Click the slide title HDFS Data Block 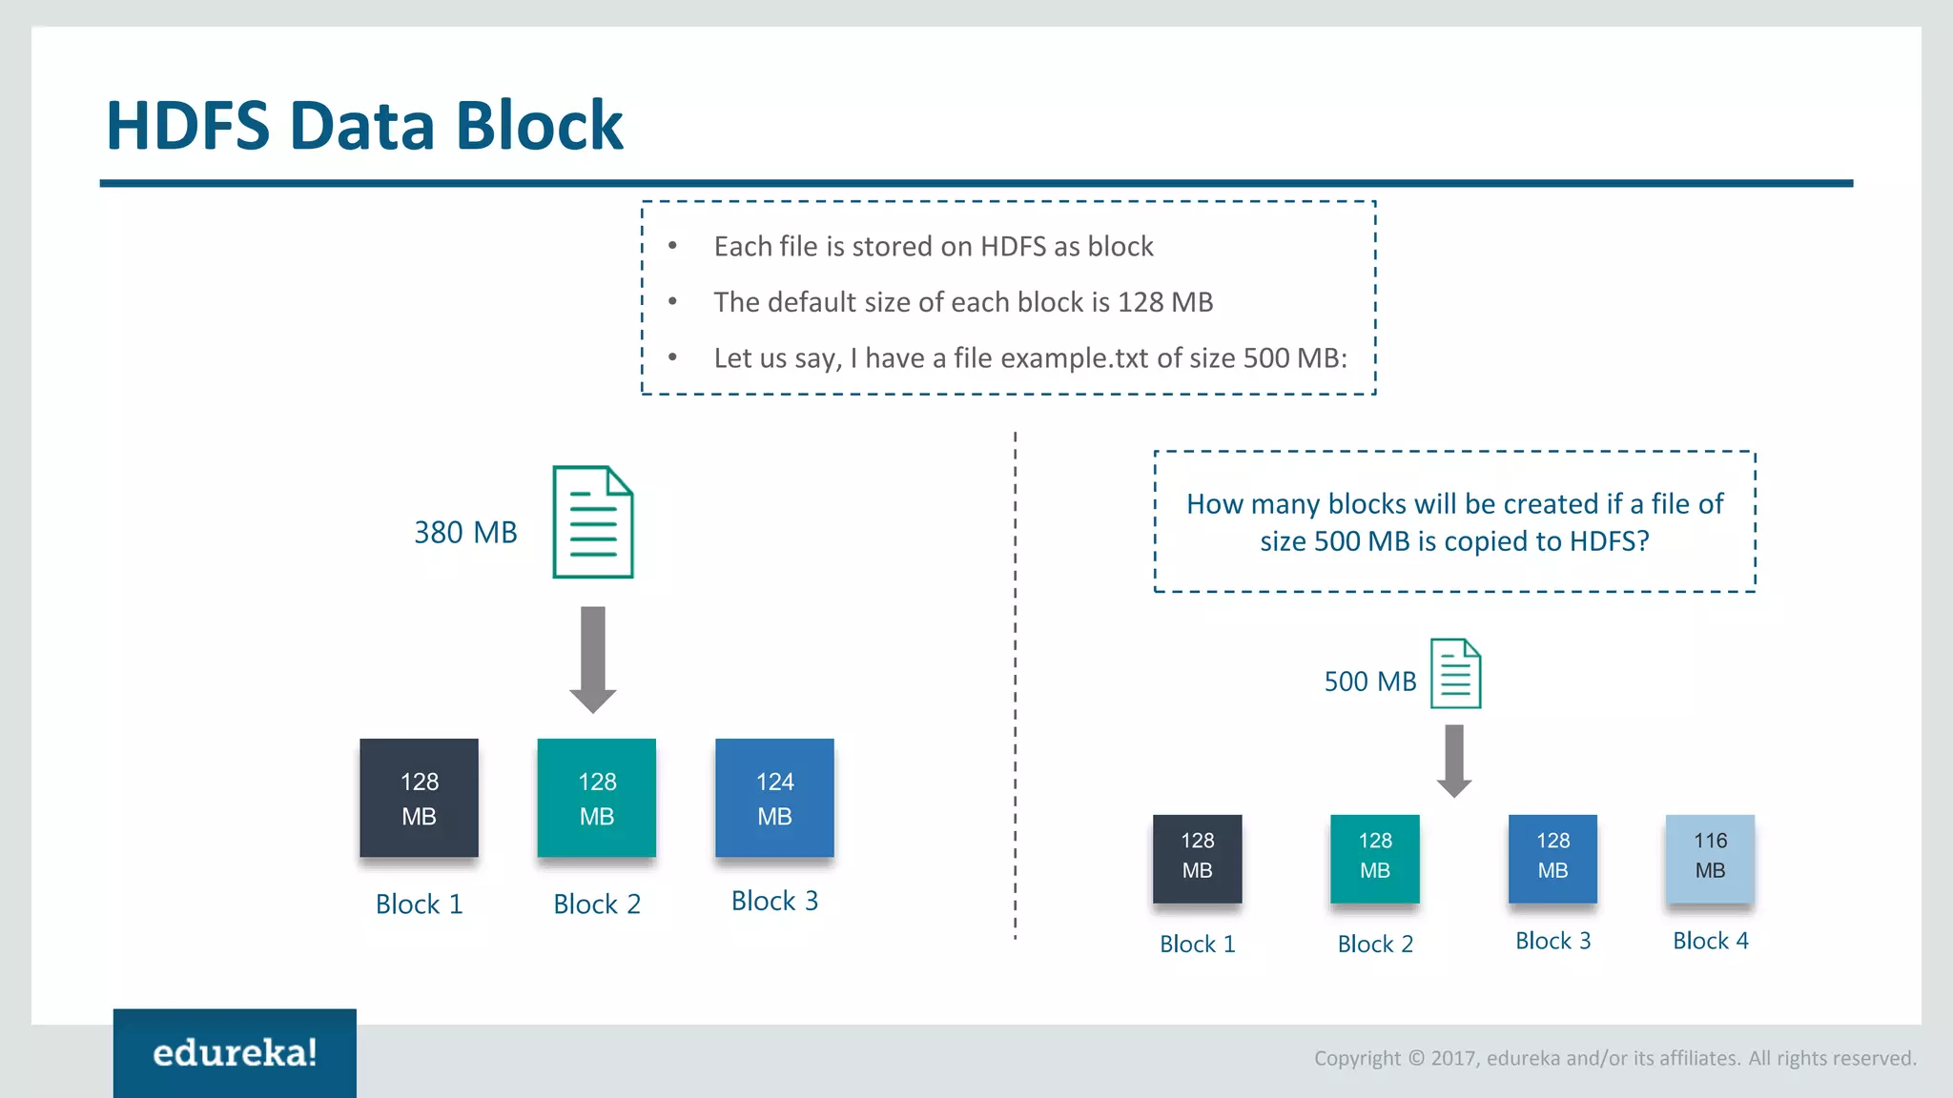coord(364,125)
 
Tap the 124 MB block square coord(774,798)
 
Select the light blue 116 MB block coord(1710,858)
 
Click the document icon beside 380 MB coord(593,522)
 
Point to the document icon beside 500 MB coord(1455,674)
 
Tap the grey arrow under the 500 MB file coord(1454,761)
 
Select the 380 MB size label coord(465,533)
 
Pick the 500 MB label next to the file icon coord(1369,681)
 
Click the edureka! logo coord(235,1053)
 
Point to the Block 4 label coord(1711,941)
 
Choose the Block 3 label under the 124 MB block coord(774,901)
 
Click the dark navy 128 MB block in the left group coord(419,798)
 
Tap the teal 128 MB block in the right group coord(1374,858)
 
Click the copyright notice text coord(1614,1058)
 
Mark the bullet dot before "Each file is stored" coord(672,246)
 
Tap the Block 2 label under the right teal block coord(1375,944)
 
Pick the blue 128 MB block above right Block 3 coord(1552,858)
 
